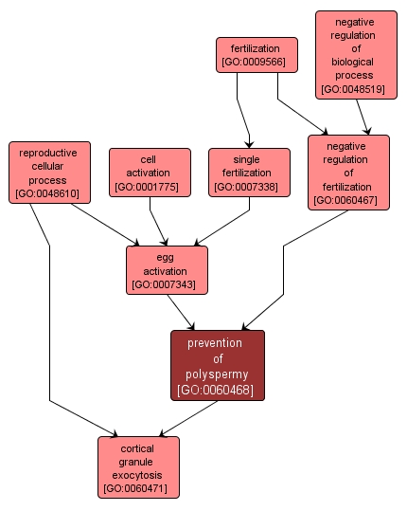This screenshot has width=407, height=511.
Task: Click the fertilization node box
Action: (x=257, y=55)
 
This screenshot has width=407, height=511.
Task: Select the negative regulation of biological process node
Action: (x=355, y=54)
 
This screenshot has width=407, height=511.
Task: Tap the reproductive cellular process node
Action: (x=48, y=173)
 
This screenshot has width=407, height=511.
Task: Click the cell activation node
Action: (x=149, y=173)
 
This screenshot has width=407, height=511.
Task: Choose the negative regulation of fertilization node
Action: (x=347, y=172)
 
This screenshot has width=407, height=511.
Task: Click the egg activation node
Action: (x=167, y=269)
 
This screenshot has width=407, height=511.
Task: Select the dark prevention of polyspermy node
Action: (x=217, y=365)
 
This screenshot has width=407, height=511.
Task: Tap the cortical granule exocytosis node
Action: (x=138, y=466)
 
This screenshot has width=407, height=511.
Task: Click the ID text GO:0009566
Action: (x=257, y=64)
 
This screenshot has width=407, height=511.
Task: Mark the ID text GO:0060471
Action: (x=138, y=489)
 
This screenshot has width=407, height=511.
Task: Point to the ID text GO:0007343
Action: (x=167, y=283)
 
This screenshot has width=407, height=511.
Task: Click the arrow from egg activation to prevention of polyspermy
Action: (x=183, y=312)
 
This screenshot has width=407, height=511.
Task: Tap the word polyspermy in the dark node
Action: (x=217, y=374)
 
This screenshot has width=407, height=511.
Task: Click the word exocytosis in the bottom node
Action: (x=138, y=474)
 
